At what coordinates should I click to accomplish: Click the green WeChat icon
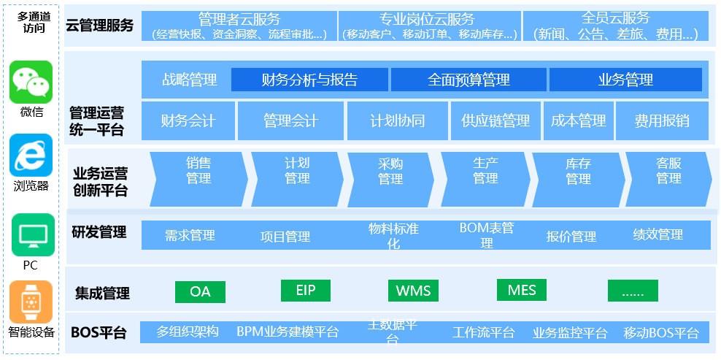(31, 81)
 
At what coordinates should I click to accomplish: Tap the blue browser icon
(31, 155)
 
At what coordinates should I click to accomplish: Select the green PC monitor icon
(31, 234)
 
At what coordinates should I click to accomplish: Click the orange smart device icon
(31, 302)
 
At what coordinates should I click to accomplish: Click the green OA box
(200, 292)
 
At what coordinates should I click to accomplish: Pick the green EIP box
(306, 291)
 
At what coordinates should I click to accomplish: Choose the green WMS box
(413, 291)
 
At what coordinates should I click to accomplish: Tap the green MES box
(522, 290)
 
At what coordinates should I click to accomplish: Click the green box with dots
(633, 291)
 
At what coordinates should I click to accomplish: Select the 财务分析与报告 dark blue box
(309, 80)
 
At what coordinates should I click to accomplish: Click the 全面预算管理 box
(469, 80)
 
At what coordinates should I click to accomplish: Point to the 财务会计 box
(188, 120)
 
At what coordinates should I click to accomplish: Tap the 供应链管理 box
(496, 120)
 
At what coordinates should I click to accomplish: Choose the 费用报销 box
(661, 120)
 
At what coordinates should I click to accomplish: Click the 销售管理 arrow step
(198, 171)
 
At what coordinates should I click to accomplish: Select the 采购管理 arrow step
(390, 171)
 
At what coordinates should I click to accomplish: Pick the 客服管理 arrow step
(668, 171)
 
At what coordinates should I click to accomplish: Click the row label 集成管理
(102, 294)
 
